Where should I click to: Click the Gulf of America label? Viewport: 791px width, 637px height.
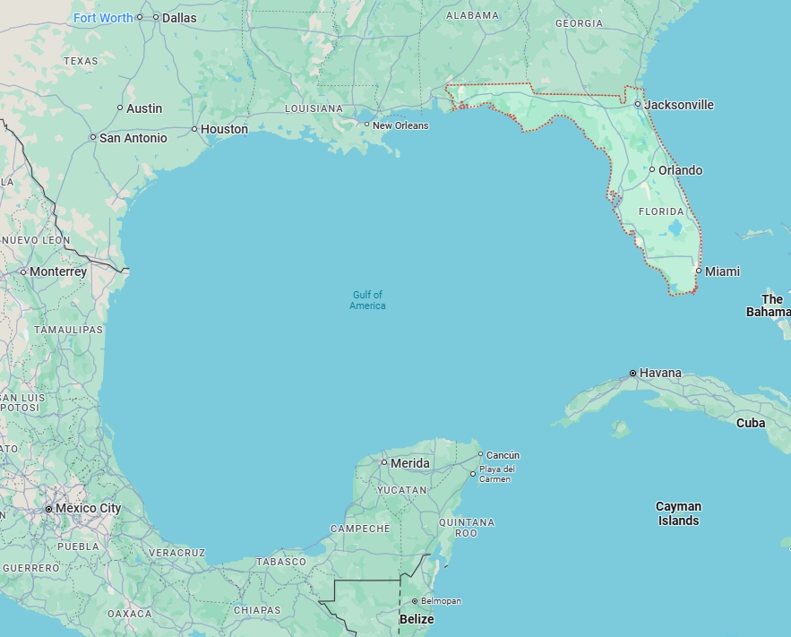coord(367,300)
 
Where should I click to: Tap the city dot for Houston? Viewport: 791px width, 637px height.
coord(194,129)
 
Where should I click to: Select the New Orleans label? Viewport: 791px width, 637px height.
coord(400,125)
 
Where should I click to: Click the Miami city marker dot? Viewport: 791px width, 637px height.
coord(699,271)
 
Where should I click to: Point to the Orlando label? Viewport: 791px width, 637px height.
coord(681,170)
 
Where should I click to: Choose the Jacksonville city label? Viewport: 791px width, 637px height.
coord(679,105)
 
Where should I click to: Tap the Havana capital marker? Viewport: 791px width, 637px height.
coord(633,373)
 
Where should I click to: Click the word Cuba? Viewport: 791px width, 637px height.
coord(751,423)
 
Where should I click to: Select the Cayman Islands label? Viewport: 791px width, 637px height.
coord(678,513)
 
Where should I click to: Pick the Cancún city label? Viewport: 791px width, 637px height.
coord(503,455)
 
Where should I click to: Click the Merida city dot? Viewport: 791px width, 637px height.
coord(384,462)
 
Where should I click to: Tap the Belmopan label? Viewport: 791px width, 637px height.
coord(441,601)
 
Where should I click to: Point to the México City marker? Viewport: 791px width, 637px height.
coord(48,508)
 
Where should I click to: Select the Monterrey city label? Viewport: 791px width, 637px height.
coord(58,271)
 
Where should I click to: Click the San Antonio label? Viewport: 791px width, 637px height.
coord(133,138)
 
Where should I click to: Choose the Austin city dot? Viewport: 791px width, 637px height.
coord(120,108)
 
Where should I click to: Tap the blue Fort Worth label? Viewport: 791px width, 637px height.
coord(103,18)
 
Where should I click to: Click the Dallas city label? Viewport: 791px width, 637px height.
coord(179,17)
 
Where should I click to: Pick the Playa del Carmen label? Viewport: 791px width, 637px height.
coord(496,474)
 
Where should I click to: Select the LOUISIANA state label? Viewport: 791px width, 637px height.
coord(314,108)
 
